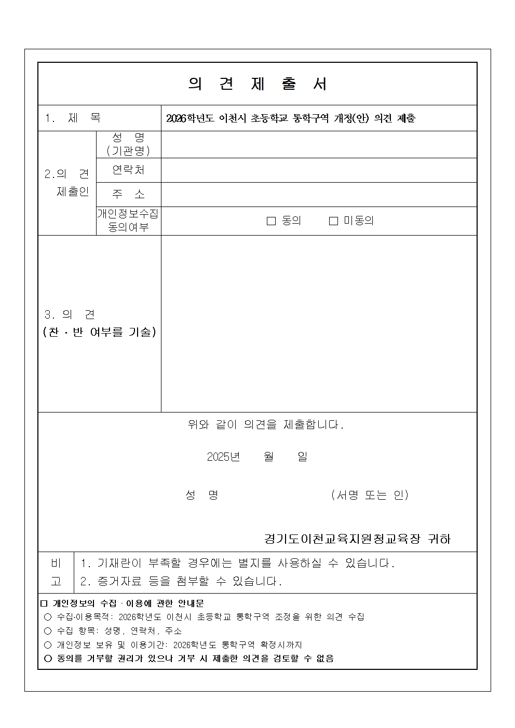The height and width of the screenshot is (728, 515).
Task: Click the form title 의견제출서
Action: tap(257, 84)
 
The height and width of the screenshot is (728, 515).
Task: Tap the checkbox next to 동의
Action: tap(271, 221)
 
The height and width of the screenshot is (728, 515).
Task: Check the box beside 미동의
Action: tap(333, 221)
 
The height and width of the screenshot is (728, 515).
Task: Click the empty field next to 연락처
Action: tap(319, 170)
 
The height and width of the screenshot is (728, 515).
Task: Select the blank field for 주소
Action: tap(319, 195)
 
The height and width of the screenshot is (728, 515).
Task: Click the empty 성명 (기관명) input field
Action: tap(319, 144)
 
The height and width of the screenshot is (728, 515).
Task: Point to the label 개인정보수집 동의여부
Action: tap(128, 221)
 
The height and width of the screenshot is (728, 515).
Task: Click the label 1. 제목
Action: tap(73, 118)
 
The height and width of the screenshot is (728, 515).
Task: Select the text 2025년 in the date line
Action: tap(223, 457)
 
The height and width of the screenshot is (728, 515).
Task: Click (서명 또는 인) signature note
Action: tap(370, 495)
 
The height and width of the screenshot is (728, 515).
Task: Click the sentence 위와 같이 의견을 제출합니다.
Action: tap(265, 425)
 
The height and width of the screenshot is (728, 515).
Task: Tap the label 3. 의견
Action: tap(70, 315)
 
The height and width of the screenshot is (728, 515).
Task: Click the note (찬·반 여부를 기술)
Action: tap(99, 332)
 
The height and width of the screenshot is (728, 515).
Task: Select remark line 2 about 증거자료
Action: tap(181, 581)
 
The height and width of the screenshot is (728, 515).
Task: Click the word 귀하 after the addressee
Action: tap(439, 539)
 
